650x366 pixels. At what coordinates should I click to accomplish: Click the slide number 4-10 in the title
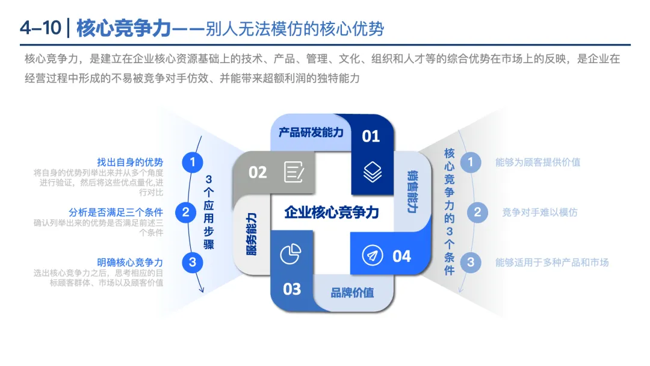coord(39,28)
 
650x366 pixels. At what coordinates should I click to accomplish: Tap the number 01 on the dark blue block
coord(371,137)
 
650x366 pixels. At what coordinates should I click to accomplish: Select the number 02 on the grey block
coord(258,173)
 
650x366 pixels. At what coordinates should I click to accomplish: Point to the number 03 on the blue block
coord(292,290)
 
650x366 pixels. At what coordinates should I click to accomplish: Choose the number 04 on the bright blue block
coord(401,256)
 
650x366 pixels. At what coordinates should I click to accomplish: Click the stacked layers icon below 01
coord(373,173)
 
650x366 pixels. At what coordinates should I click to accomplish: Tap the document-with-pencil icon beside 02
coord(294,172)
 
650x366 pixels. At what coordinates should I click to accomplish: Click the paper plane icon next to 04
coord(373,256)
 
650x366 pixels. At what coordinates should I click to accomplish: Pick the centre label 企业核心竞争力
coord(332,212)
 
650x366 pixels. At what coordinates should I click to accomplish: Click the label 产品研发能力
coord(311,132)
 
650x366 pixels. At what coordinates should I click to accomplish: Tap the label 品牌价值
coord(352,293)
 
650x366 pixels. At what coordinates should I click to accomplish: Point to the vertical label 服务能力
coord(252,234)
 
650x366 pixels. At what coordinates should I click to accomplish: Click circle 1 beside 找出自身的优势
coord(193,162)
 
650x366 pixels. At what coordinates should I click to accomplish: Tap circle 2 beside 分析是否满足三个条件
coord(185,212)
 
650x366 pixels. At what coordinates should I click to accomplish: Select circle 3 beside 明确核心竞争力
coord(193,262)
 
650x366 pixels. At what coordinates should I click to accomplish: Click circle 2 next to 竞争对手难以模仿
coord(477,212)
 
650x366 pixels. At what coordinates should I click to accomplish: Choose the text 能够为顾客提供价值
coord(537,162)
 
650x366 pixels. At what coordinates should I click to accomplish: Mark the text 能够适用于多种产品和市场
coord(552,262)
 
